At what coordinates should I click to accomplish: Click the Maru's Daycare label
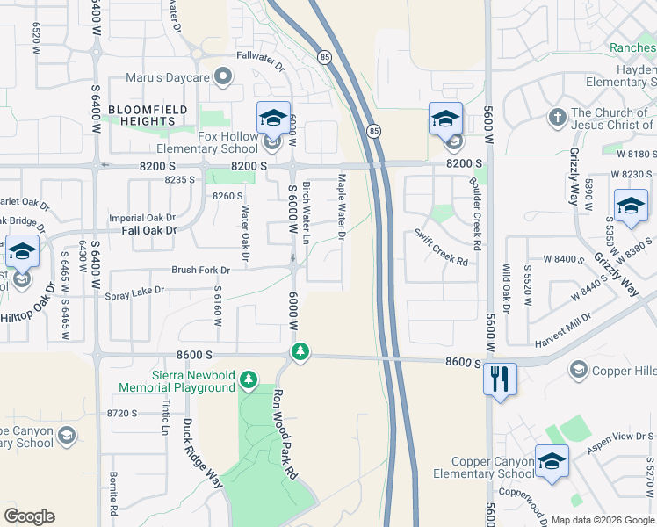tap(167, 78)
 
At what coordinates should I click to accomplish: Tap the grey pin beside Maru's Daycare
tap(223, 78)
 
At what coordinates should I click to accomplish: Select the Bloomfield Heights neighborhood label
tap(141, 115)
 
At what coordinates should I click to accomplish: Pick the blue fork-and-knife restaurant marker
tap(500, 379)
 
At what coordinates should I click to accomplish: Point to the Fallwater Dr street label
tap(261, 60)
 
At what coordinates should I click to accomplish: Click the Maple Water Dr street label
tap(341, 207)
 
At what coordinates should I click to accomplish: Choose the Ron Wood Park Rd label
tap(285, 434)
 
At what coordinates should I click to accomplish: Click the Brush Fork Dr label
tap(200, 271)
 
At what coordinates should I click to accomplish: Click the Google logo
tap(30, 516)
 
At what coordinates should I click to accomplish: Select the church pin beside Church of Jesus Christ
tap(556, 117)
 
